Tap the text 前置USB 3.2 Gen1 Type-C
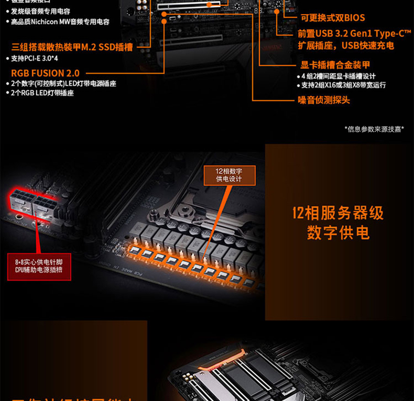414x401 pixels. pos(354,34)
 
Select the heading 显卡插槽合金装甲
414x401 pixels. pos(335,65)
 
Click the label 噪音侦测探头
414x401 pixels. pos(324,100)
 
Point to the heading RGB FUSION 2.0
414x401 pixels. pos(46,73)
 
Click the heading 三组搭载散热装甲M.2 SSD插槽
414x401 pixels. pos(72,47)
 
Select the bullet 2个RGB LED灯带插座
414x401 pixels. pos(42,93)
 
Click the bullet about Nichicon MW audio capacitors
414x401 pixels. pos(60,22)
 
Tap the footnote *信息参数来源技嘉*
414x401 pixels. pos(374,129)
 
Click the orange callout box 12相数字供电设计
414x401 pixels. pos(229,175)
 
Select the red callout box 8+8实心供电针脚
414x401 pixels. pos(39,265)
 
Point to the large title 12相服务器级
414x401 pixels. pos(338,213)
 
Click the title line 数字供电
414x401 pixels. pos(338,233)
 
